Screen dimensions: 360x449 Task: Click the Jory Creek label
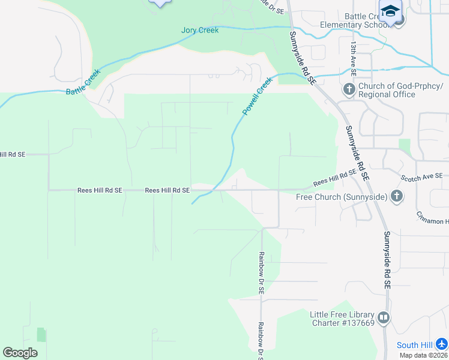point(200,30)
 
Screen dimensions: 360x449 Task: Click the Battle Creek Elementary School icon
point(391,12)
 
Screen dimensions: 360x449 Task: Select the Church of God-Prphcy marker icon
point(349,90)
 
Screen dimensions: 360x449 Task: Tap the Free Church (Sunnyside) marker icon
point(396,196)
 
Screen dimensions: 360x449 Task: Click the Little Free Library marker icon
point(383,317)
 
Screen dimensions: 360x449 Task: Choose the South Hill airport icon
point(442,344)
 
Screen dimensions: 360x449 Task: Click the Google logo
point(20,353)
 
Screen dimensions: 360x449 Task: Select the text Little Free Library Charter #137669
point(342,319)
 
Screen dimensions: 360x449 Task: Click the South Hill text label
point(416,345)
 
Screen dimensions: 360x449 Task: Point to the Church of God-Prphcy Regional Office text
point(387,90)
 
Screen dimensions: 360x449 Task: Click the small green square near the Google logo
point(41,335)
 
